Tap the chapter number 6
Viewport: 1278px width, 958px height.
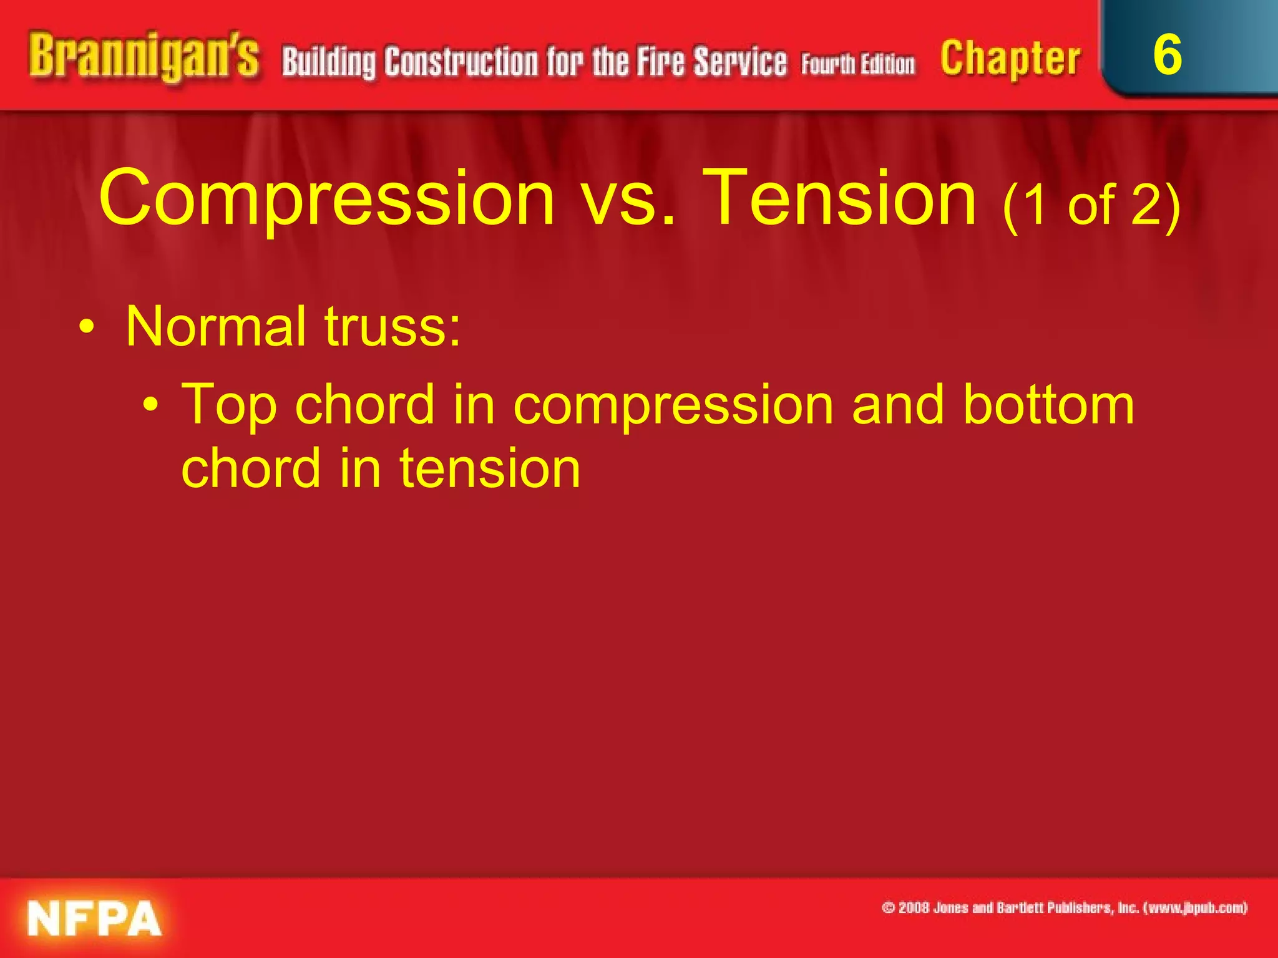[1167, 55]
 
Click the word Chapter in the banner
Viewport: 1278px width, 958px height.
[1010, 59]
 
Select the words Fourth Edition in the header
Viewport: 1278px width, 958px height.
[858, 64]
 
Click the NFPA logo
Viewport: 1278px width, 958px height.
[94, 918]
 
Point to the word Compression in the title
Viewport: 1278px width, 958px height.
[326, 198]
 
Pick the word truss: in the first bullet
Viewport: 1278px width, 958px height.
[393, 327]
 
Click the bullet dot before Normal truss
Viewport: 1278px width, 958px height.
[87, 327]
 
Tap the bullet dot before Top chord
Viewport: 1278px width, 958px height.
[150, 406]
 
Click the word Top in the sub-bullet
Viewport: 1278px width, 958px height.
[228, 405]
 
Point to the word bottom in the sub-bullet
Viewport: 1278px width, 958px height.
[1048, 405]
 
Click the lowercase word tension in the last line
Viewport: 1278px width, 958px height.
[490, 469]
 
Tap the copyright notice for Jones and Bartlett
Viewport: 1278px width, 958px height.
[1064, 907]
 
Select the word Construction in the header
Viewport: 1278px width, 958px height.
[461, 62]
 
